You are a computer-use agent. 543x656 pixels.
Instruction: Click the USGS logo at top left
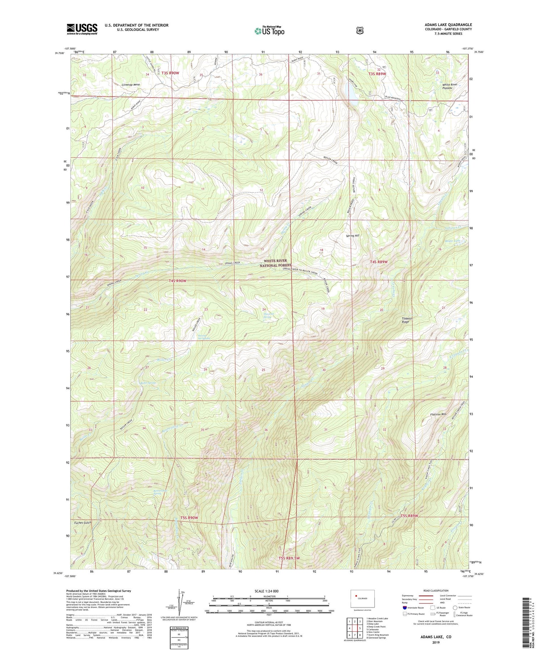pos(82,29)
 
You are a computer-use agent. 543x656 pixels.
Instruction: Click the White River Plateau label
pos(450,86)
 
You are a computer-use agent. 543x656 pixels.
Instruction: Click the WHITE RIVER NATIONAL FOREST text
pos(275,263)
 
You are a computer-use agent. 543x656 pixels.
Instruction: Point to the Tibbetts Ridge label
pos(407,320)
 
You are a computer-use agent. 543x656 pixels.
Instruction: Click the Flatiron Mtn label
pos(438,414)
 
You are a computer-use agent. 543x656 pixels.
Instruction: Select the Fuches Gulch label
pos(83,522)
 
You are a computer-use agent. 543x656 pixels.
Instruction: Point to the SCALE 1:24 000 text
pos(266,591)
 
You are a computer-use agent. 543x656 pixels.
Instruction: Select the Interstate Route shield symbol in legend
pos(404,608)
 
